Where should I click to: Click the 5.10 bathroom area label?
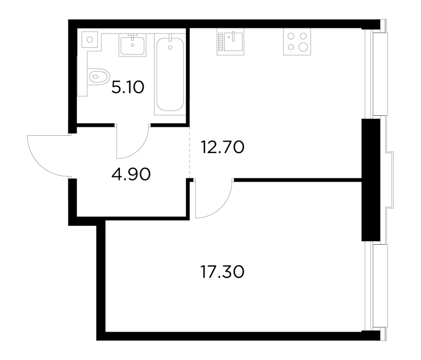tap(128, 87)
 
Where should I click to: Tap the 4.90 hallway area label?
tap(131, 174)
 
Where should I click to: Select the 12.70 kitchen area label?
tap(223, 147)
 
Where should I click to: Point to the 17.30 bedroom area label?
tap(223, 272)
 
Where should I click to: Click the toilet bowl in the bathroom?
tap(98, 76)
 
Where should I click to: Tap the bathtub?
tap(170, 74)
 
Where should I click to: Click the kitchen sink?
tap(233, 42)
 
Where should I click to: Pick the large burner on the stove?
tap(304, 47)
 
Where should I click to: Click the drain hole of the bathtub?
tap(170, 47)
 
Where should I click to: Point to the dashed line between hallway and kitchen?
tap(189, 152)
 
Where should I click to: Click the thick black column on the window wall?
tap(371, 180)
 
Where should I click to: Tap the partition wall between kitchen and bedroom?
tap(297, 180)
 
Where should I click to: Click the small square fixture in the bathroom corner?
tap(89, 39)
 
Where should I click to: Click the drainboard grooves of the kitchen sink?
tap(220, 42)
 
